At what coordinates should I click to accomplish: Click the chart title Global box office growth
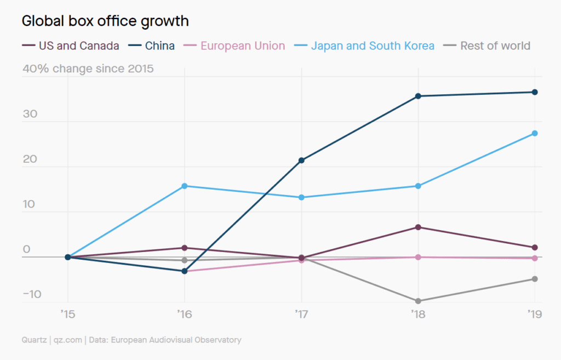pyautogui.click(x=105, y=21)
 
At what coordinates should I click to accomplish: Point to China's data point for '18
pyautogui.click(x=418, y=96)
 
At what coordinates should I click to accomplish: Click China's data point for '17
pyautogui.click(x=301, y=161)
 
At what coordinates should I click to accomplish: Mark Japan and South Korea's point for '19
pyautogui.click(x=535, y=133)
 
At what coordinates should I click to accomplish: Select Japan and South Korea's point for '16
pyautogui.click(x=185, y=186)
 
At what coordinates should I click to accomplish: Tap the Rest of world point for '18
pyautogui.click(x=418, y=301)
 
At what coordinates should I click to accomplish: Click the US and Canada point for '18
pyautogui.click(x=418, y=227)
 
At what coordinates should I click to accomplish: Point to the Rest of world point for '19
pyautogui.click(x=535, y=279)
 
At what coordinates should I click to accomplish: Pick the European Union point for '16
pyautogui.click(x=185, y=271)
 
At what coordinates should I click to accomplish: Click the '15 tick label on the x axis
pyautogui.click(x=68, y=314)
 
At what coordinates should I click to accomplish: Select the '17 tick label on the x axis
pyautogui.click(x=301, y=314)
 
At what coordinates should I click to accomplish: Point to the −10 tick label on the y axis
pyautogui.click(x=32, y=294)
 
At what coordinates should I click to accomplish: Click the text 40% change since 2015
pyautogui.click(x=88, y=69)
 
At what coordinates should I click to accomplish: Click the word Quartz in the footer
pyautogui.click(x=34, y=340)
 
